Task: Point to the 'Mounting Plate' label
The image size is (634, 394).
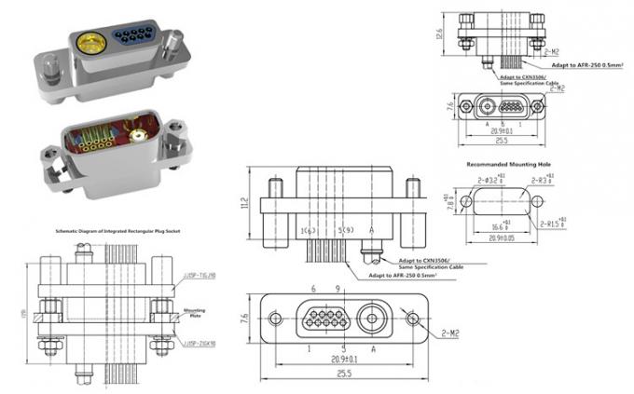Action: (194, 313)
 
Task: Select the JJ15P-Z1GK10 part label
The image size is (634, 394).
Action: (195, 343)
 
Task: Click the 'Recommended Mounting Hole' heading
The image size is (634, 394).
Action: (504, 165)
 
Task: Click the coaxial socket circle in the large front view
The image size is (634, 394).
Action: (374, 319)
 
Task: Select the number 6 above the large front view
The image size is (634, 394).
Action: (313, 290)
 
